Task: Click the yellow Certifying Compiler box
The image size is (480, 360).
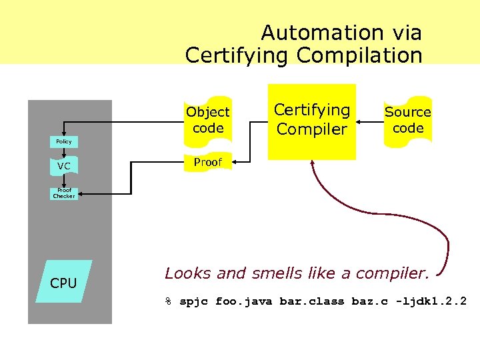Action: (312, 121)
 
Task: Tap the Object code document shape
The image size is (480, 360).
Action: (208, 120)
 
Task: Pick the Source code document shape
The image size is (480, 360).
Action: (408, 120)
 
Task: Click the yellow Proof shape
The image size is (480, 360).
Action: (207, 162)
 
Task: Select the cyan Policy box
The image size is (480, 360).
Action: (64, 142)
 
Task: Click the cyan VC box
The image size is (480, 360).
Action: (64, 165)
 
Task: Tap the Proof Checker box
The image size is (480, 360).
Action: (64, 193)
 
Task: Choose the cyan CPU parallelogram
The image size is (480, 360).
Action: (64, 283)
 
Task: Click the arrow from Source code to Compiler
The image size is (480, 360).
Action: (370, 122)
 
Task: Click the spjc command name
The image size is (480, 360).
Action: (193, 301)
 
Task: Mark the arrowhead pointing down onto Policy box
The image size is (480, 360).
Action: (64, 133)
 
